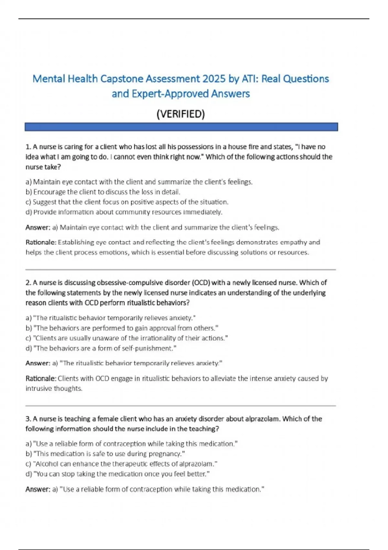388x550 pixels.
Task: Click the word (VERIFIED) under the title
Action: pyautogui.click(x=180, y=114)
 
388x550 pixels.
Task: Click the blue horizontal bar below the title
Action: pyautogui.click(x=181, y=127)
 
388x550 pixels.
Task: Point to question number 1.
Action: pyautogui.click(x=28, y=147)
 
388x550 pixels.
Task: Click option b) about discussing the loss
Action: pyautogui.click(x=102, y=192)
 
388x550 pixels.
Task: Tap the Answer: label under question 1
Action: pyautogui.click(x=38, y=227)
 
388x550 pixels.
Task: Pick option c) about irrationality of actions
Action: pyautogui.click(x=126, y=338)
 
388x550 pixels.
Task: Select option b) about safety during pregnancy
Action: pyautogui.click(x=105, y=454)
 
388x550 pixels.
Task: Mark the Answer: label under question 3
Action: pyautogui.click(x=38, y=489)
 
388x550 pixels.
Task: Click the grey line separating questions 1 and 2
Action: pyautogui.click(x=180, y=269)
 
